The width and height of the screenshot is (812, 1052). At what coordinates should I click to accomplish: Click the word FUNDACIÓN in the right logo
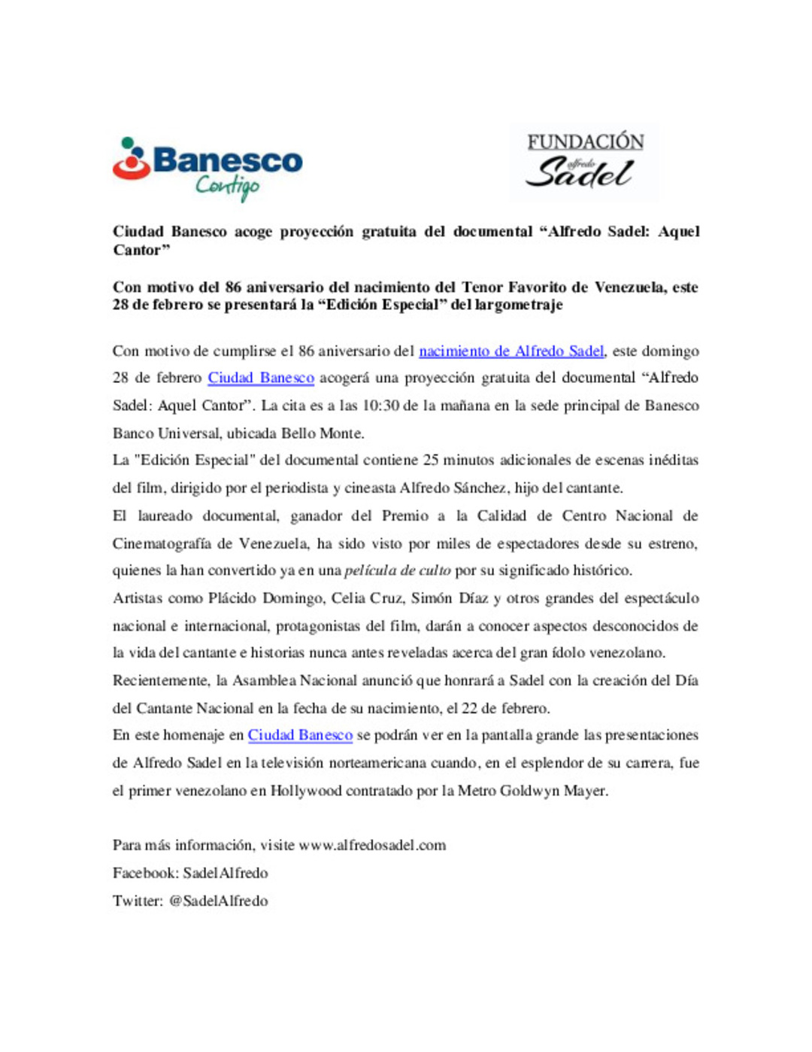pyautogui.click(x=585, y=141)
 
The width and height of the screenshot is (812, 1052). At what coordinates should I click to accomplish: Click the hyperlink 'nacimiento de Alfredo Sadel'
pyautogui.click(x=511, y=351)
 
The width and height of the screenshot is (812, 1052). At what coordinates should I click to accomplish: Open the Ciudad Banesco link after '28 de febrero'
pyautogui.click(x=261, y=378)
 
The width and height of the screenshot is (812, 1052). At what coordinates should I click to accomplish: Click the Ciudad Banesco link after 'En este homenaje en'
pyautogui.click(x=300, y=735)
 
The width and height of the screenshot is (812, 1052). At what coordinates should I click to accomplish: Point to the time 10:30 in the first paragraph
pyautogui.click(x=380, y=406)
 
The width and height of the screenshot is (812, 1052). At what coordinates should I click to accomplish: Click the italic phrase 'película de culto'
pyautogui.click(x=398, y=570)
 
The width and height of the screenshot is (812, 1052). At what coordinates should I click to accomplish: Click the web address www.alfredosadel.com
pyautogui.click(x=372, y=845)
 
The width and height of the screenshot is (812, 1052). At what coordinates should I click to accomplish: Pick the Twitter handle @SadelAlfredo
pyautogui.click(x=218, y=901)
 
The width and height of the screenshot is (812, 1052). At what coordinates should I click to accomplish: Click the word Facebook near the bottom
pyautogui.click(x=145, y=873)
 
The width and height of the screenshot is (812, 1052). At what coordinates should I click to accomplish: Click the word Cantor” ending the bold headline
pyautogui.click(x=141, y=250)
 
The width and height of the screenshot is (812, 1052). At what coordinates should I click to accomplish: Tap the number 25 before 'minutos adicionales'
pyautogui.click(x=430, y=460)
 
